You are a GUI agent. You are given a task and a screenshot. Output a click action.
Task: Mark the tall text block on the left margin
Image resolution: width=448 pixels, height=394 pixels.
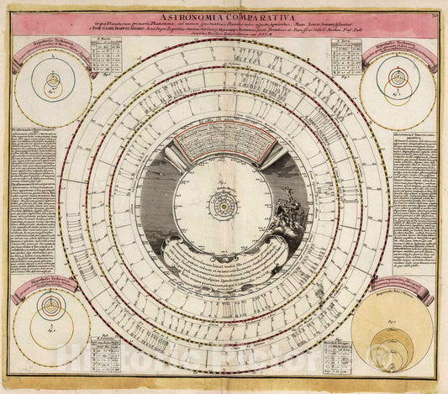click(x=34, y=202)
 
